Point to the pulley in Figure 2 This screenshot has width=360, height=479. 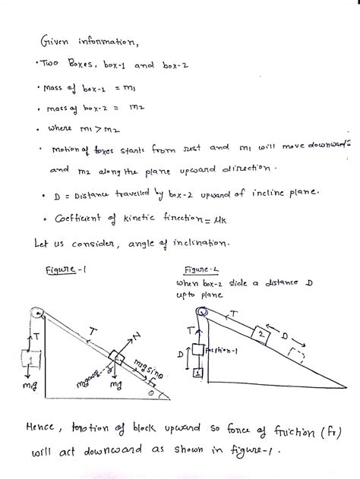tap(201, 310)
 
